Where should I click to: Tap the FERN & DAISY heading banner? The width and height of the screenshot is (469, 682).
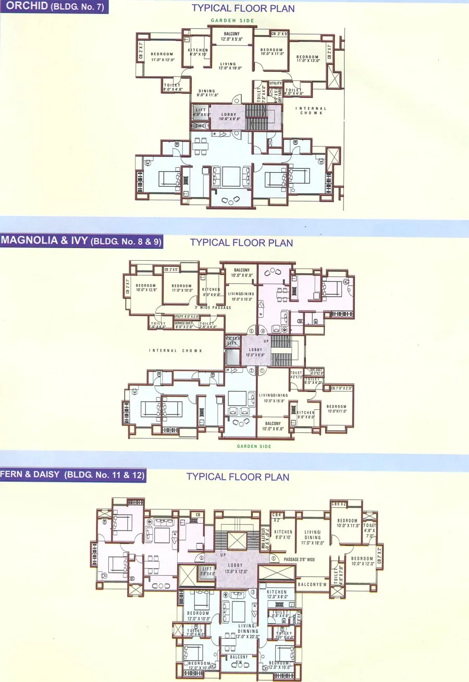coord(72,475)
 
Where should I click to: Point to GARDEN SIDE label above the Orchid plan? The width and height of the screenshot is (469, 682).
coord(232,21)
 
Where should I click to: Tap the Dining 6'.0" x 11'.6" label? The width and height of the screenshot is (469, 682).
coord(207,93)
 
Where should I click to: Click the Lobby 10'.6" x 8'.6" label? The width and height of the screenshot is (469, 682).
coord(228,117)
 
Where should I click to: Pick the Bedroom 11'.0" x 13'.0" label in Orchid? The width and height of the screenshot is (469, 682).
coord(307,59)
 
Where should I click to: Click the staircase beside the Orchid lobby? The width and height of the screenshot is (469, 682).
coord(256,117)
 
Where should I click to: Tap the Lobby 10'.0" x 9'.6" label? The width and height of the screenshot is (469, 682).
coord(255,352)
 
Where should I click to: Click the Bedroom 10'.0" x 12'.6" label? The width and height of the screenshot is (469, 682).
coord(146,288)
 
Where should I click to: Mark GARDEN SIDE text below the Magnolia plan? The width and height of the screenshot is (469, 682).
coord(254,446)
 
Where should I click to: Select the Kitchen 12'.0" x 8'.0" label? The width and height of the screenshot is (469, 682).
coord(277,595)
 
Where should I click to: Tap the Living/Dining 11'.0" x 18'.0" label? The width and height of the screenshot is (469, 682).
coord(313,537)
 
